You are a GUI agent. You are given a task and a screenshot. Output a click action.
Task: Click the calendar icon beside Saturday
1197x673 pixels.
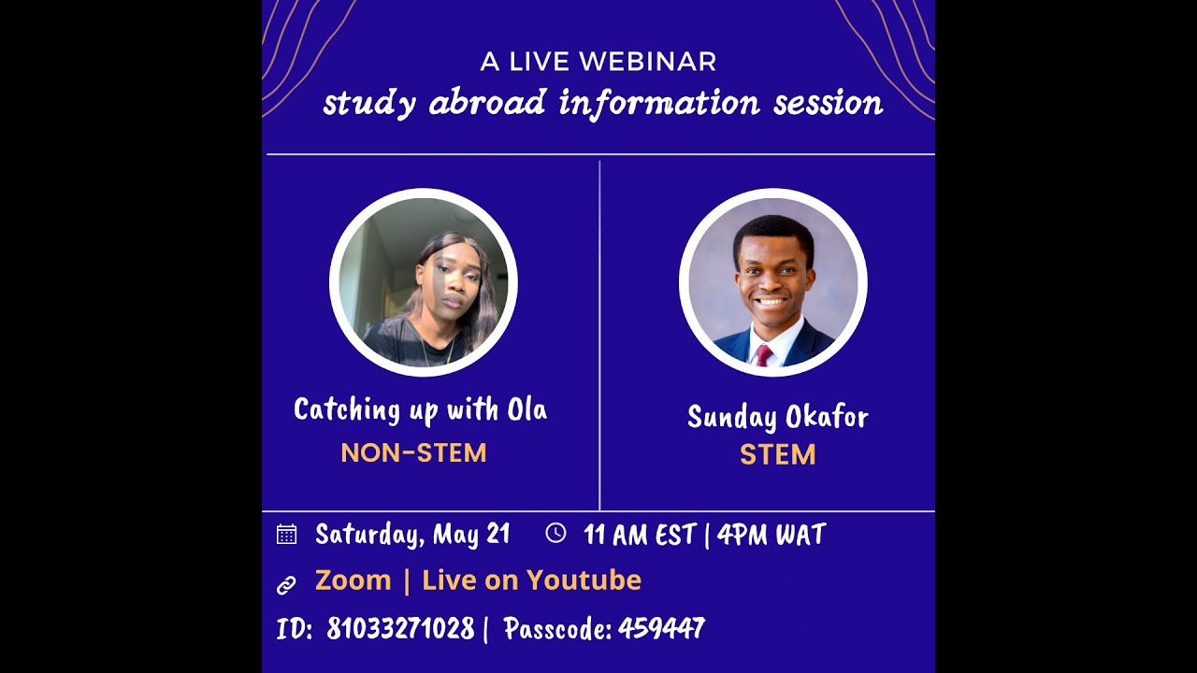286,535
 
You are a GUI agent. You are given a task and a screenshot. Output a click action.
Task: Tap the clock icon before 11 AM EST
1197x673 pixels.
555,533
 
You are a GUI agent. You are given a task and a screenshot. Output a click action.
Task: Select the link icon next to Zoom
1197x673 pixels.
286,585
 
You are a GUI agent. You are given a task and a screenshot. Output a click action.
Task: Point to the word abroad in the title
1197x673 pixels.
486,103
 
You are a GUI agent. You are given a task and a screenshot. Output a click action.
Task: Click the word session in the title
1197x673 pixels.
828,103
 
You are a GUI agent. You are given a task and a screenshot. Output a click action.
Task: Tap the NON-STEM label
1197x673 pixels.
413,453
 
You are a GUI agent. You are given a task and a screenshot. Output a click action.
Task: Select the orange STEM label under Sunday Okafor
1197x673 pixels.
777,455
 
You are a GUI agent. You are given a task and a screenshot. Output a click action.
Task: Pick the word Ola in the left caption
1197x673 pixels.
526,409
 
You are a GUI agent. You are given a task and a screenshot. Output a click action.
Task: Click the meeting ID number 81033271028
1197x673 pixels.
400,629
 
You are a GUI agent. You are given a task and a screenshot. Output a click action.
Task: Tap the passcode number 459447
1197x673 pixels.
661,629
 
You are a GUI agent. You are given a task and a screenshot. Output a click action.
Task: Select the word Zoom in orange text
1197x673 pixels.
353,580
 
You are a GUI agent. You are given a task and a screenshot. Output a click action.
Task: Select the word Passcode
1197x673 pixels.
556,629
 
